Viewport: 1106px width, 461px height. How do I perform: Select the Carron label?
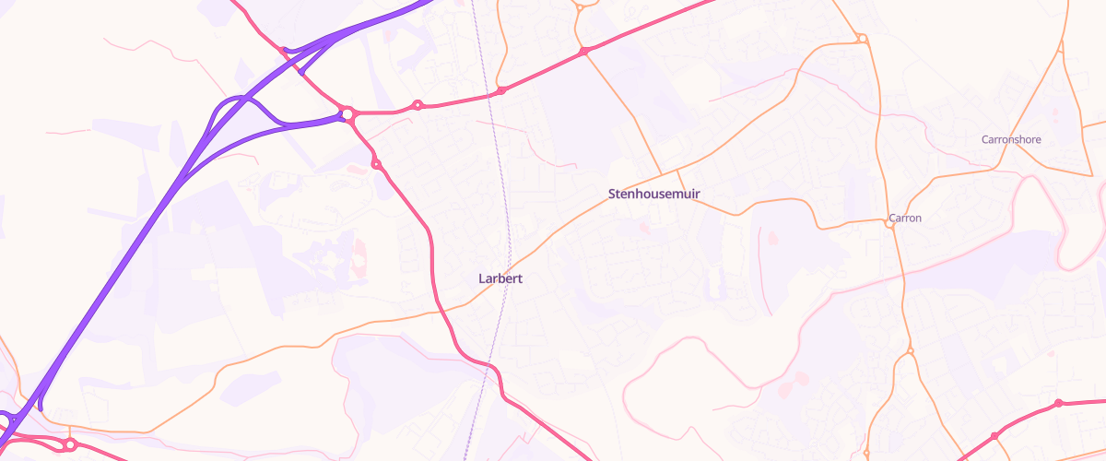(x=904, y=219)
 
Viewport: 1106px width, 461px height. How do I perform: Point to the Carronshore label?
(x=1011, y=140)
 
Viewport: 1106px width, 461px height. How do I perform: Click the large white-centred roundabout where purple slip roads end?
(x=347, y=114)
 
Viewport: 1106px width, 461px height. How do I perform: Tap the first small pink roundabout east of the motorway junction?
(x=418, y=105)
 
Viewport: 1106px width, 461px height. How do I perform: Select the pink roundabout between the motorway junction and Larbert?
(x=376, y=164)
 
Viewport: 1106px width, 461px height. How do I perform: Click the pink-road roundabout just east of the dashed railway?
(x=501, y=90)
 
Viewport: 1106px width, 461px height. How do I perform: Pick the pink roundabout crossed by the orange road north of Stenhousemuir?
(x=583, y=52)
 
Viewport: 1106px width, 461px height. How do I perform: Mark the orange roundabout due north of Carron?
(x=862, y=39)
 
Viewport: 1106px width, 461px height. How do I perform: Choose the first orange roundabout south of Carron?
(x=910, y=351)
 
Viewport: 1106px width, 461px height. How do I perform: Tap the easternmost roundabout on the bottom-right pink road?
(x=1059, y=403)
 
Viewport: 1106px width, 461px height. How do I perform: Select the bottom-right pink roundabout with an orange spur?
(x=994, y=435)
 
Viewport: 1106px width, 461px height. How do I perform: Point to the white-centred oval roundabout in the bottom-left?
(x=69, y=444)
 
